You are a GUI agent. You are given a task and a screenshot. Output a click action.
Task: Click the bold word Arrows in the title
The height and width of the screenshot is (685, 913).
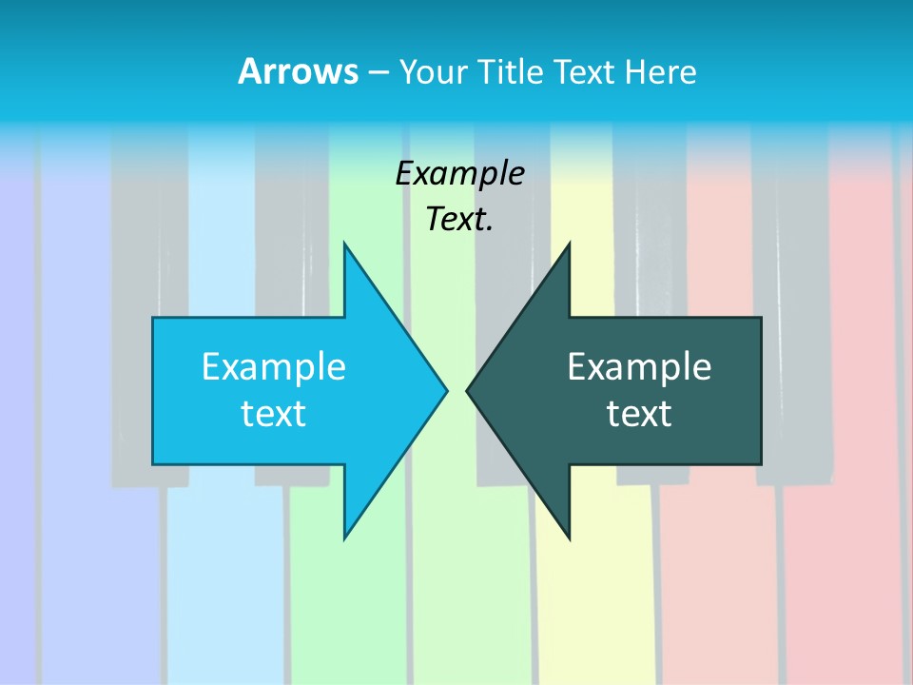click(x=298, y=71)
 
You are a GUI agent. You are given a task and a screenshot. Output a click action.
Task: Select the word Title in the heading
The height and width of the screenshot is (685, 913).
click(x=515, y=71)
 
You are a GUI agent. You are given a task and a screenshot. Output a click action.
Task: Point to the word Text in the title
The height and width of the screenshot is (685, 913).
click(x=586, y=71)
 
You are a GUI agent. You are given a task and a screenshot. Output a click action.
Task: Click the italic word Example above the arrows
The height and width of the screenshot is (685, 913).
click(x=460, y=174)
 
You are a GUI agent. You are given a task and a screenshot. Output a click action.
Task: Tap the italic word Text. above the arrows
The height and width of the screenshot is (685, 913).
click(x=460, y=220)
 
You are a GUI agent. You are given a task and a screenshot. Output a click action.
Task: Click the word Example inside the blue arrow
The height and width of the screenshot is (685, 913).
click(x=274, y=366)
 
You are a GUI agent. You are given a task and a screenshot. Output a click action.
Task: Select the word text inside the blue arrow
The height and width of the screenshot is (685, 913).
click(x=274, y=414)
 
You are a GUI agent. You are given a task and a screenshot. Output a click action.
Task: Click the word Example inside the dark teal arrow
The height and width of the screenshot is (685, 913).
click(x=639, y=366)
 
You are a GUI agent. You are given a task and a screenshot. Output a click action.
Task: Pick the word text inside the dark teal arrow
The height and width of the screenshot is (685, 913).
click(x=639, y=414)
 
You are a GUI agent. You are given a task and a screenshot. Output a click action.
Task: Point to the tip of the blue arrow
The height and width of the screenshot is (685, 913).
click(x=446, y=390)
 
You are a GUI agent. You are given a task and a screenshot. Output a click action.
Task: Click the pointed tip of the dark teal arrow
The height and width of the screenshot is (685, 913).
click(x=467, y=390)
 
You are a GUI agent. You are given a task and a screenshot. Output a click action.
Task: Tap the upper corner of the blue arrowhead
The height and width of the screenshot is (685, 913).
click(x=345, y=245)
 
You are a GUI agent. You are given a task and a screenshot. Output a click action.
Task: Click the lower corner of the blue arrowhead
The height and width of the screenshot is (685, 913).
click(x=345, y=538)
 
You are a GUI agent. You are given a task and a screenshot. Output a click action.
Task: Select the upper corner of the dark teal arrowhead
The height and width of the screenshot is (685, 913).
click(x=569, y=245)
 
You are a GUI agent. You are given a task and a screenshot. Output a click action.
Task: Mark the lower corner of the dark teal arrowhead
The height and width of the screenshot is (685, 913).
click(x=569, y=538)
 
